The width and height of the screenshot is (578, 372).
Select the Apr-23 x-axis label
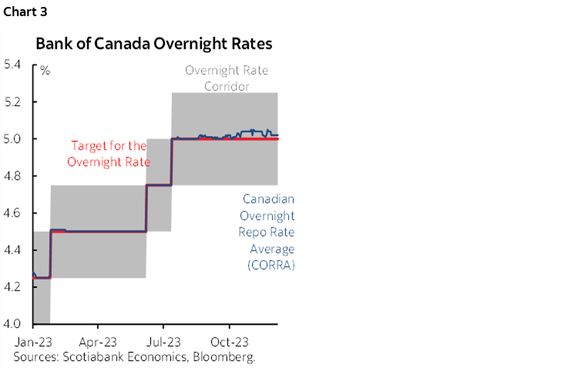click(x=97, y=340)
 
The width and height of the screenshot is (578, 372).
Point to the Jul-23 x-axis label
click(x=163, y=340)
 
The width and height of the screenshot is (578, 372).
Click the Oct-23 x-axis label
click(x=229, y=340)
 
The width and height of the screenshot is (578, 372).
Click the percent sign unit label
click(x=45, y=71)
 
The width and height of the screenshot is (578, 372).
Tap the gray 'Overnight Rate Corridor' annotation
click(x=227, y=78)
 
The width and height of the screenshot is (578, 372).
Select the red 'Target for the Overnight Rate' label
click(x=109, y=152)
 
